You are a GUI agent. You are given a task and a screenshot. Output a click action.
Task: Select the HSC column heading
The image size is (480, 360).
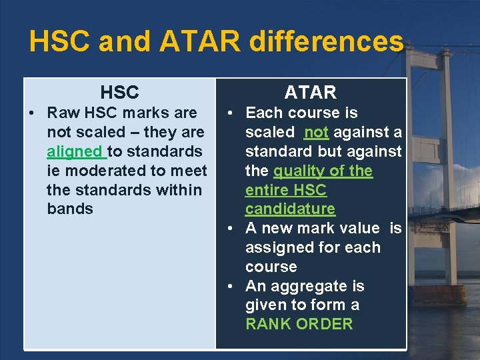click(x=119, y=92)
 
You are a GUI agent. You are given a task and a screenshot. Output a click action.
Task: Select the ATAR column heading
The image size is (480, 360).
click(x=311, y=92)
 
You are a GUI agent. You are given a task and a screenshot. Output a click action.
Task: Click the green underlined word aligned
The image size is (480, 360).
click(x=75, y=151)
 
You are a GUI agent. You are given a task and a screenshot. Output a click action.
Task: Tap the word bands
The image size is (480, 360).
click(x=70, y=209)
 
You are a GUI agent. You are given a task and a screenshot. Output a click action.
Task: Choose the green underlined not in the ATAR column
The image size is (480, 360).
click(x=316, y=132)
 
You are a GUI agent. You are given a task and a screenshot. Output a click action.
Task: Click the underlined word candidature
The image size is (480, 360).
click(x=290, y=209)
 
